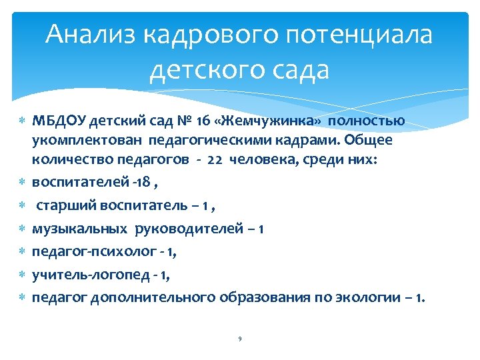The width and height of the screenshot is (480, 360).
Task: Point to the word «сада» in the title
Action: (301, 69)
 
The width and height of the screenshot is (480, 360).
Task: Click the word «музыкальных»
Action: (80, 229)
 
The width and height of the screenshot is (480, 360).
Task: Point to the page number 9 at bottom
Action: (239, 339)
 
